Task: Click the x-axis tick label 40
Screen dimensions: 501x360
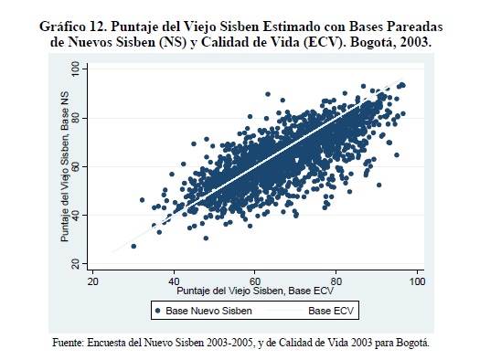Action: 174,281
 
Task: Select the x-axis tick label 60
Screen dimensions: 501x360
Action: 255,281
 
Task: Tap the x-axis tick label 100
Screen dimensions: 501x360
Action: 417,281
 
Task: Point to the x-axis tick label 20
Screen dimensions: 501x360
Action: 92,281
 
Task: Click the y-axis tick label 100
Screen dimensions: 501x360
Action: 75,69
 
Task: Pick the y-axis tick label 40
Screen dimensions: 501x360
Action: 75,215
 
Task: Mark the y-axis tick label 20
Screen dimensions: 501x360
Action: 75,263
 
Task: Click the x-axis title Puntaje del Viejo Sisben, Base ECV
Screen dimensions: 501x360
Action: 255,291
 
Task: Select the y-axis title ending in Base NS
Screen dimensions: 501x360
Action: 65,166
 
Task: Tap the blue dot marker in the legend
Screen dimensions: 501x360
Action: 157,310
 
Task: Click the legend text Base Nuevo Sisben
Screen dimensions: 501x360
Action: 208,311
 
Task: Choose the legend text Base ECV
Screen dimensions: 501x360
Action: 331,311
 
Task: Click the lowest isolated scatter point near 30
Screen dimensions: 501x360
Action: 133,246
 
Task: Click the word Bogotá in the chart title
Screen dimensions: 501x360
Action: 371,42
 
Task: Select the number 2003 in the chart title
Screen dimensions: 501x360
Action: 414,42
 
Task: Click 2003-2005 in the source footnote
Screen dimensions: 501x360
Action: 230,343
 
